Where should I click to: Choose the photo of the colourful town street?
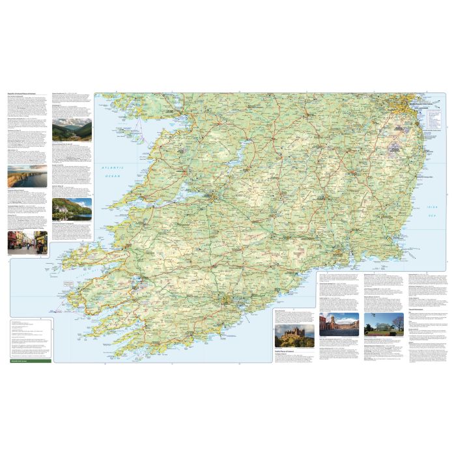click(x=27, y=242)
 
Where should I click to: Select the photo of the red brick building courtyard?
click(x=339, y=323)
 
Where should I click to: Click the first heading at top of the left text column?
click(x=26, y=94)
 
